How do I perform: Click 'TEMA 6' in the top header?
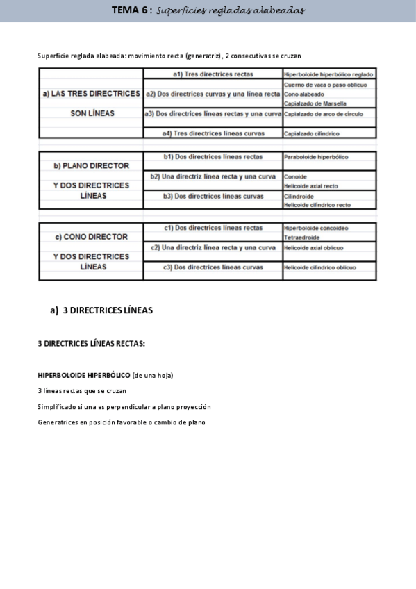[x=131, y=10]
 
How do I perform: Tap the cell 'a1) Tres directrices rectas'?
[x=213, y=74]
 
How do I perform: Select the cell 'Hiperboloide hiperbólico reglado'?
[x=328, y=74]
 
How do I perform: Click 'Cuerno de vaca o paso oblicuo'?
[x=326, y=84]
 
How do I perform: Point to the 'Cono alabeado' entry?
[x=304, y=94]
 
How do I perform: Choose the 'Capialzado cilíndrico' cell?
[x=312, y=133]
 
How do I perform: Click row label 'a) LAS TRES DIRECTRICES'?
[x=91, y=93]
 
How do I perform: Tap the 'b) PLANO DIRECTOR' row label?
[x=91, y=166]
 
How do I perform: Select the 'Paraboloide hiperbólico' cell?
[x=316, y=157]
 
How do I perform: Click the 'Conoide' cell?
[x=295, y=176]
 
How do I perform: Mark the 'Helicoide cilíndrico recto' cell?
[x=317, y=205]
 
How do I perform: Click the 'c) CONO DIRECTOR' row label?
[x=91, y=237]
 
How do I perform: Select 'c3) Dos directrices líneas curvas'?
[x=213, y=267]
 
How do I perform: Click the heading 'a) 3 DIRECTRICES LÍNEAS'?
[x=101, y=310]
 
